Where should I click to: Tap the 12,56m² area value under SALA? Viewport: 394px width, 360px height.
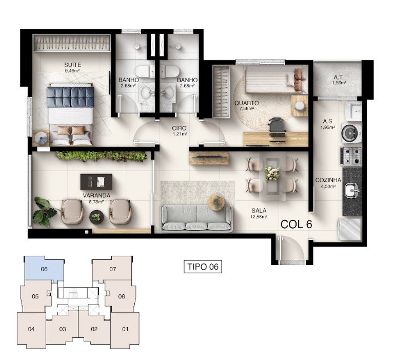[x=259, y=216]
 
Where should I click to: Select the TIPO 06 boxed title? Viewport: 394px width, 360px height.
[x=203, y=267]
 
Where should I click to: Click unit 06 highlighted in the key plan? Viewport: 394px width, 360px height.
[x=44, y=269]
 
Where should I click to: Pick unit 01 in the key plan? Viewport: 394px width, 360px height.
[x=125, y=329]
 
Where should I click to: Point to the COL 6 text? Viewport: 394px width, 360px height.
[x=296, y=224]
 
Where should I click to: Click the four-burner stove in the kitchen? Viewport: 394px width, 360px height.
[x=351, y=156]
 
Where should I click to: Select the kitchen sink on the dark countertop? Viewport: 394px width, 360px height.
[x=351, y=190]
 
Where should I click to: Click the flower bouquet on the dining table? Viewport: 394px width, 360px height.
[x=272, y=173]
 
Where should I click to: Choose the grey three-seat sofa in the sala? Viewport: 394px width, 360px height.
[x=196, y=218]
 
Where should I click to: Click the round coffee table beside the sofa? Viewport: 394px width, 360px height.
[x=216, y=202]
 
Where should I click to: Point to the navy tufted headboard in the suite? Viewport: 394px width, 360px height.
[x=70, y=97]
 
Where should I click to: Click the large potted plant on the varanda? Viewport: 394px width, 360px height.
[x=44, y=211]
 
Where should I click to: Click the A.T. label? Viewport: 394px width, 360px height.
[x=339, y=78]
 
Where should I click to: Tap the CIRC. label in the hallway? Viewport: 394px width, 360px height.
[x=180, y=128]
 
